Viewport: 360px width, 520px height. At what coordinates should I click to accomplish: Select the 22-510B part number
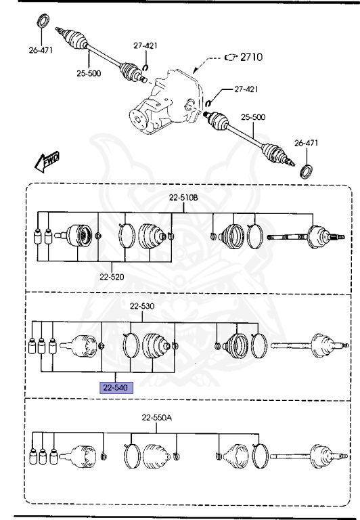pos(183,198)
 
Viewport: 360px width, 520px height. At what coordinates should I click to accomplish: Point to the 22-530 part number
pos(143,307)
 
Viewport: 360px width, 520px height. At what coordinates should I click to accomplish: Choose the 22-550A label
pos(157,418)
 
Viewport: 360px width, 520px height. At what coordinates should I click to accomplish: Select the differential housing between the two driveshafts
pos(166,105)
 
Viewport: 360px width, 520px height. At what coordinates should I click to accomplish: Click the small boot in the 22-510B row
pos(233,236)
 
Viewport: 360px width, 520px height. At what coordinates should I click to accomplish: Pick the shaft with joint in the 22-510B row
pos(308,237)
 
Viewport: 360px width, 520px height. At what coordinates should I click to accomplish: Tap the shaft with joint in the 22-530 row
pos(311,345)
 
